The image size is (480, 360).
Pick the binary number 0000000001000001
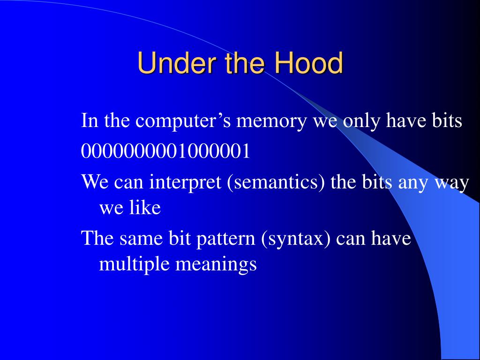[x=165, y=151]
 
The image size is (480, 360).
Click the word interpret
[x=185, y=182]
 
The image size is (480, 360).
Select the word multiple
[x=134, y=264]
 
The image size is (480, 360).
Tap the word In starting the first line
[x=90, y=120]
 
